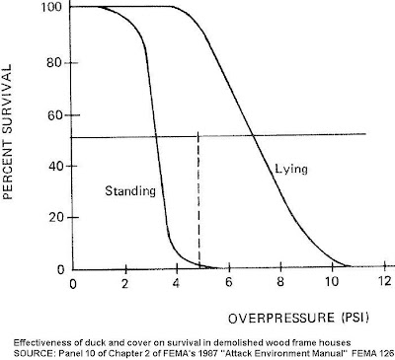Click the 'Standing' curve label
[x=130, y=191]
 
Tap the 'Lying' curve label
[x=291, y=170]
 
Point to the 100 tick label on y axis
[x=51, y=7]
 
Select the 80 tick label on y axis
[x=54, y=62]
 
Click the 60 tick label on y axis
[x=54, y=115]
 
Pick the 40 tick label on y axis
[x=54, y=166]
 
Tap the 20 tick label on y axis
[x=56, y=218]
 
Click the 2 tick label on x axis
[x=124, y=283]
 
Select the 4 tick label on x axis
[x=176, y=283]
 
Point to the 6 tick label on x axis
[x=228, y=282]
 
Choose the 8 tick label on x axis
[x=279, y=282]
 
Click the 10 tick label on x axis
[x=332, y=282]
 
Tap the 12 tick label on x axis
[x=384, y=281]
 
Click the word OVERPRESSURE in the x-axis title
[x=281, y=319]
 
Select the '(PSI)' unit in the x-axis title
[x=355, y=318]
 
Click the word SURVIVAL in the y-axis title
[x=7, y=93]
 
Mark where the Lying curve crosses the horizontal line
[x=253, y=135]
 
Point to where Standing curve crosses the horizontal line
[x=156, y=136]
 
